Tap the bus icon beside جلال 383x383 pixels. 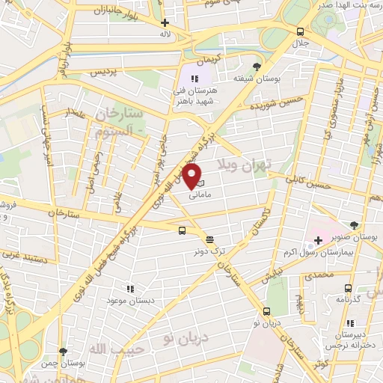300,31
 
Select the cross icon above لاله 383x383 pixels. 165,22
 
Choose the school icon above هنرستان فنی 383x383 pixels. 194,79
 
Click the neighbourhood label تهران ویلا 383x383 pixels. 241,163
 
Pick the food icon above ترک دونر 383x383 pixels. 209,239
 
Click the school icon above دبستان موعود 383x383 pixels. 130,288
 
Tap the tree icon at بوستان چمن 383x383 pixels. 63,351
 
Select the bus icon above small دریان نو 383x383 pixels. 266,311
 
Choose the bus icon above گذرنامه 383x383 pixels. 347,287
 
